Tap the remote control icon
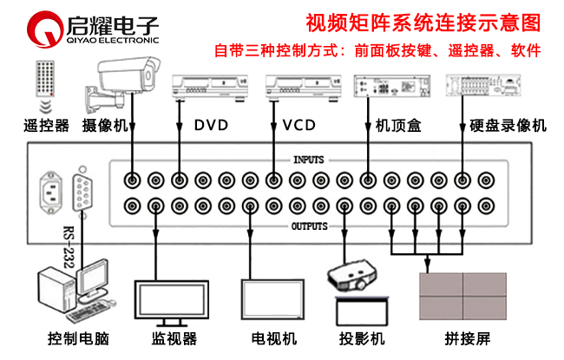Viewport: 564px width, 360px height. pos(46,79)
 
